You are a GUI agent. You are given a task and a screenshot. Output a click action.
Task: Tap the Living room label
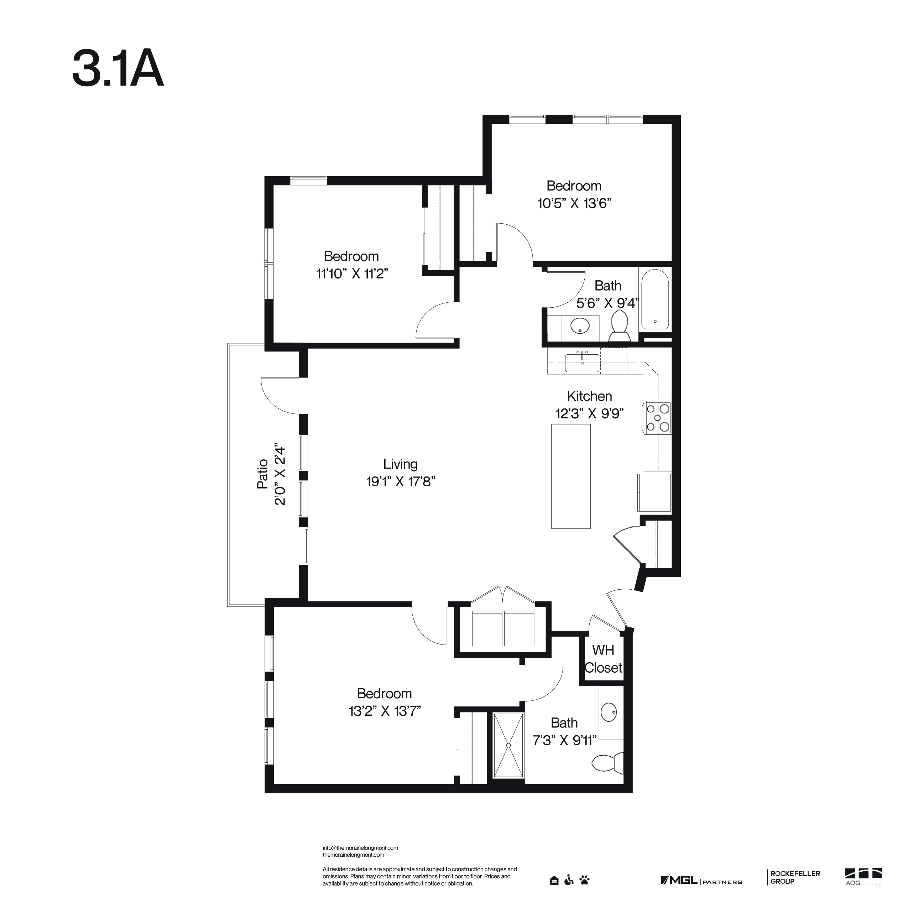tap(400, 464)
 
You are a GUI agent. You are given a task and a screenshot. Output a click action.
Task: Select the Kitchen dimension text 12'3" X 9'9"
tap(589, 413)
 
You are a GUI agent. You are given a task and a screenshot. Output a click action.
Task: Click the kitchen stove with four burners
tap(658, 418)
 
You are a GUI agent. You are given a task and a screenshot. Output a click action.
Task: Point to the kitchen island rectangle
tap(570, 476)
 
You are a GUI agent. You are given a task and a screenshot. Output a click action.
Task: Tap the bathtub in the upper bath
tap(655, 299)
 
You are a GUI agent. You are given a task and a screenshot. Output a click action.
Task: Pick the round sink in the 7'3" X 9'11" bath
tap(609, 713)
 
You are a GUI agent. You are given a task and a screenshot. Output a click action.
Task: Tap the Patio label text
tap(262, 474)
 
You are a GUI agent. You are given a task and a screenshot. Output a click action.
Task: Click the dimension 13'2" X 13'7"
tap(385, 711)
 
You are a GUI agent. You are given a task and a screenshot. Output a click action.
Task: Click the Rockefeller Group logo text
tap(795, 877)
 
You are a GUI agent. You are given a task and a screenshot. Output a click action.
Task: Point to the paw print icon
tap(585, 880)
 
